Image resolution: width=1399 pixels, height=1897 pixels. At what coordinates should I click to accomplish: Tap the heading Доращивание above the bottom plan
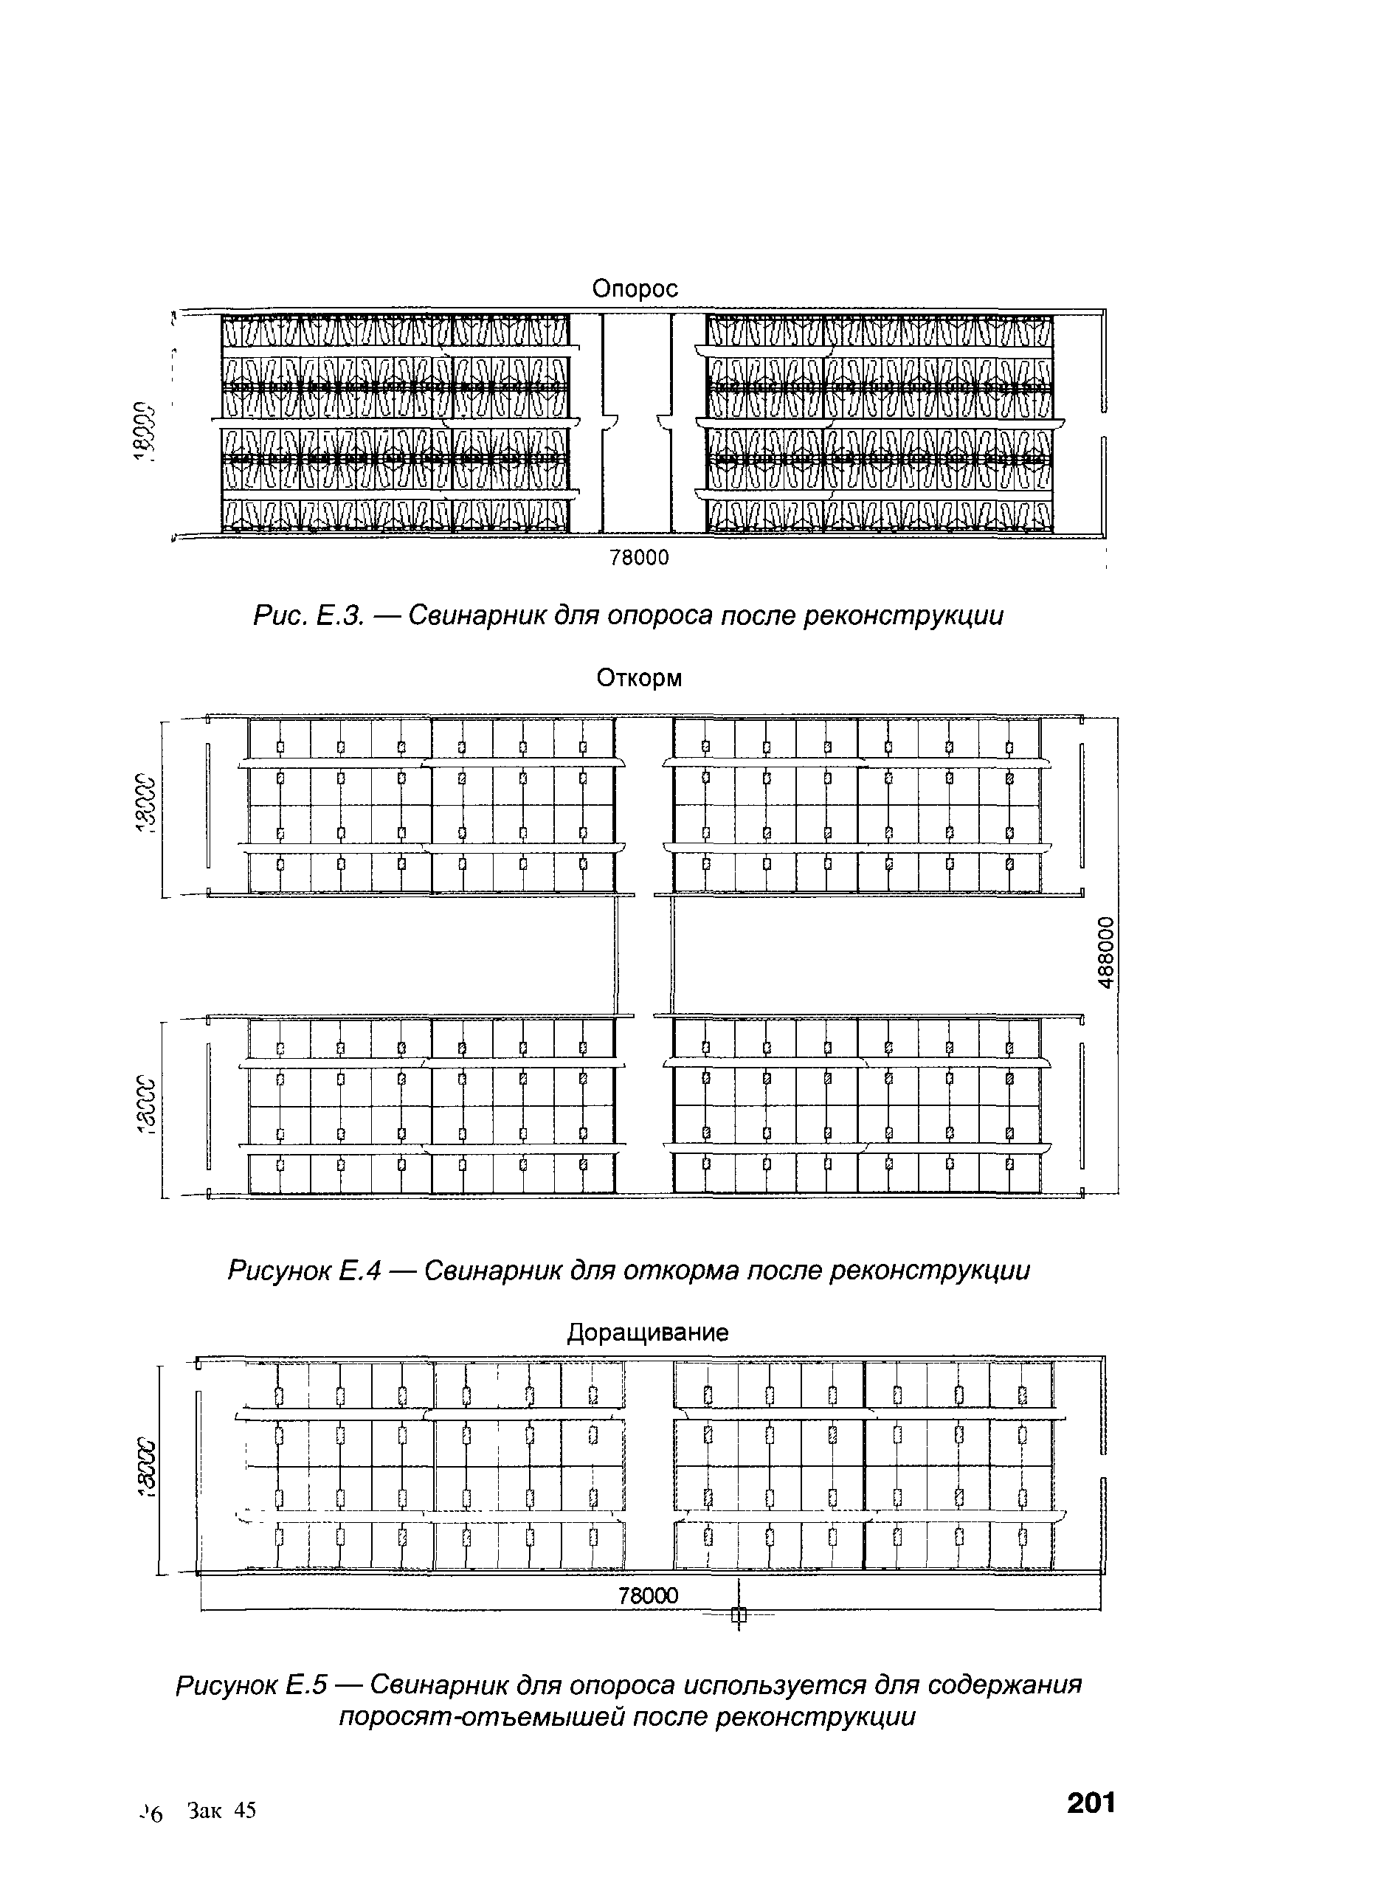tap(647, 1332)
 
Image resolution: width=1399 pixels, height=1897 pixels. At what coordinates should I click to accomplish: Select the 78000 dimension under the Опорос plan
tap(640, 557)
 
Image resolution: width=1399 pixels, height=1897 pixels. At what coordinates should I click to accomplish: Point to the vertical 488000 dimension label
tap(1106, 953)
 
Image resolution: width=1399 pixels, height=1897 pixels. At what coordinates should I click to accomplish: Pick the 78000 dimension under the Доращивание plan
tap(648, 1595)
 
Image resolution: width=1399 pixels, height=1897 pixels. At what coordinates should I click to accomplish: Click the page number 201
tap(1091, 1804)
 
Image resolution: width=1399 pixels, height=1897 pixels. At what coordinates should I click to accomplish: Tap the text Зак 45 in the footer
tap(222, 1811)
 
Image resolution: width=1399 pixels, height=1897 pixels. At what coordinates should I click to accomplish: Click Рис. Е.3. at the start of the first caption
tap(308, 615)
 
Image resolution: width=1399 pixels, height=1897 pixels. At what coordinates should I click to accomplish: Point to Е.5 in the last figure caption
tap(308, 1685)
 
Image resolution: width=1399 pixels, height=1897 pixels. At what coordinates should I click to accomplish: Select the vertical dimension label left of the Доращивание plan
tap(148, 1468)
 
